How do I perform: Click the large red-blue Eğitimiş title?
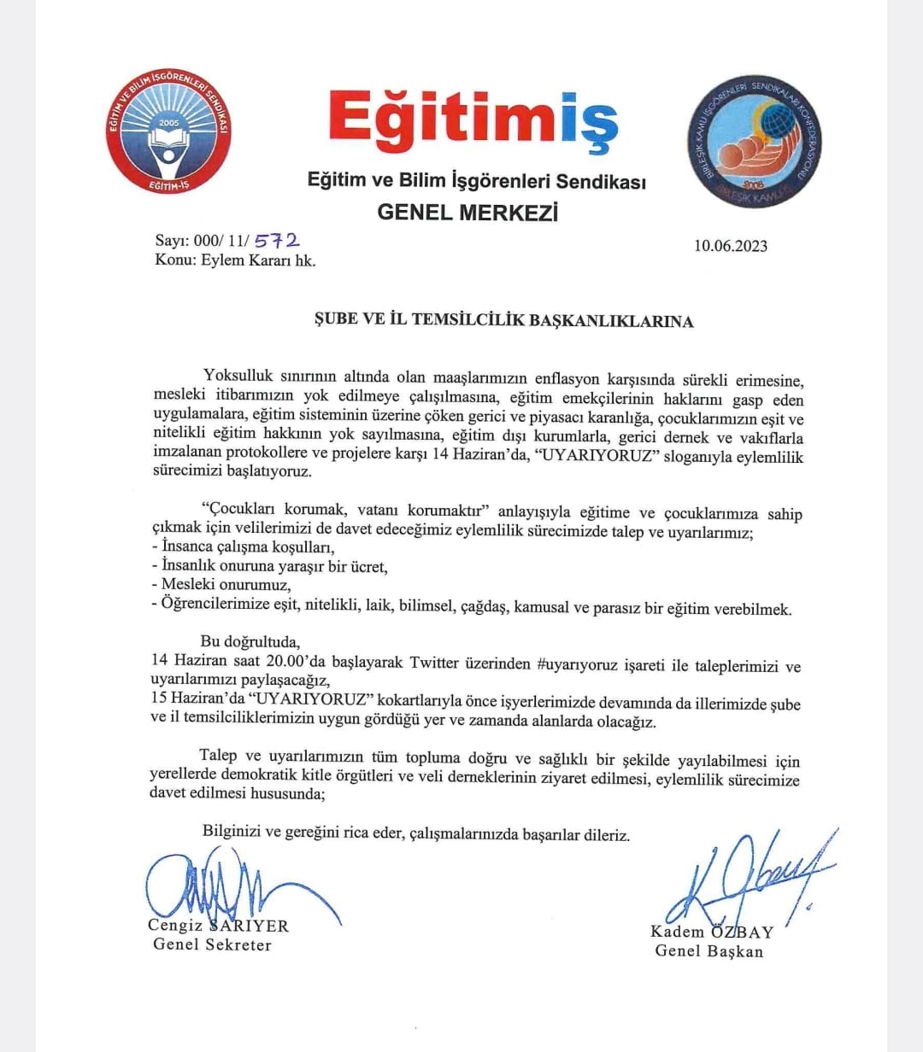[473, 120]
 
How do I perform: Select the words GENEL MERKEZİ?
[467, 213]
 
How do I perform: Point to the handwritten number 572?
[278, 243]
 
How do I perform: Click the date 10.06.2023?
[730, 246]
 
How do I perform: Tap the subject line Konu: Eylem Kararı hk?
[235, 261]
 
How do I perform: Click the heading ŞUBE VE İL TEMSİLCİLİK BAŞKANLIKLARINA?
[501, 321]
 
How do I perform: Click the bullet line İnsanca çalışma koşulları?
[243, 547]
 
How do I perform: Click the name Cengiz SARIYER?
[219, 926]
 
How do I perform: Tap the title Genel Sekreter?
[212, 944]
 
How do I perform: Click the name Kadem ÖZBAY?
[711, 932]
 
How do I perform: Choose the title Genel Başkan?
[709, 950]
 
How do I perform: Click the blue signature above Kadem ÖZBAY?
[744, 875]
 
